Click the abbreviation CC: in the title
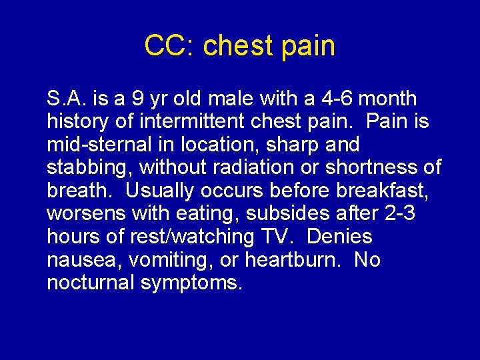(171, 45)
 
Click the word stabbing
(87, 168)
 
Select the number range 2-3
(396, 214)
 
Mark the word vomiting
(165, 260)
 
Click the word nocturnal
(91, 283)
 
